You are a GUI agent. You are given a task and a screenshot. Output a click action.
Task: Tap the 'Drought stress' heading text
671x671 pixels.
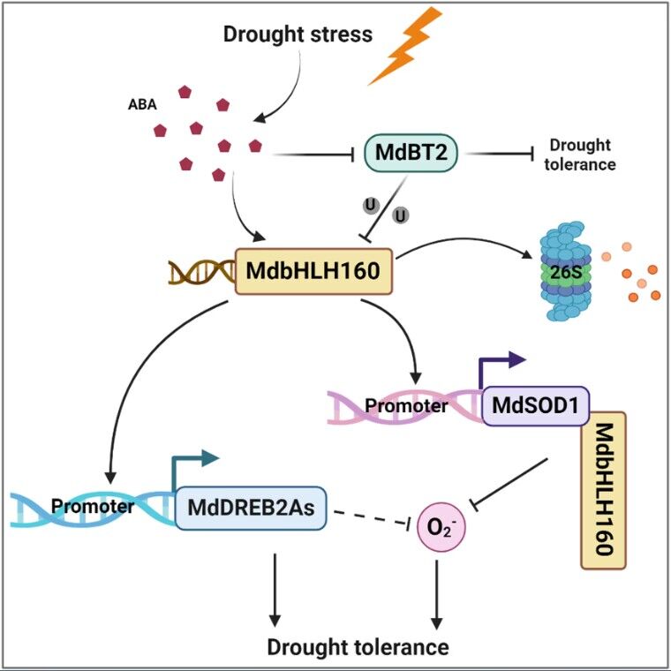pyautogui.click(x=298, y=35)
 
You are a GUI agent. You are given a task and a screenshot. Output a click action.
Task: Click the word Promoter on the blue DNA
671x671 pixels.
pyautogui.click(x=93, y=507)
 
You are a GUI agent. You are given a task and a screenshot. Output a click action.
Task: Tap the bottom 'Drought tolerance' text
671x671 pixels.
pyautogui.click(x=358, y=647)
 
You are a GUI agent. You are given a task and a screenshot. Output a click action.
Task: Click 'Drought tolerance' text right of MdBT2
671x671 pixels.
pyautogui.click(x=581, y=155)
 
